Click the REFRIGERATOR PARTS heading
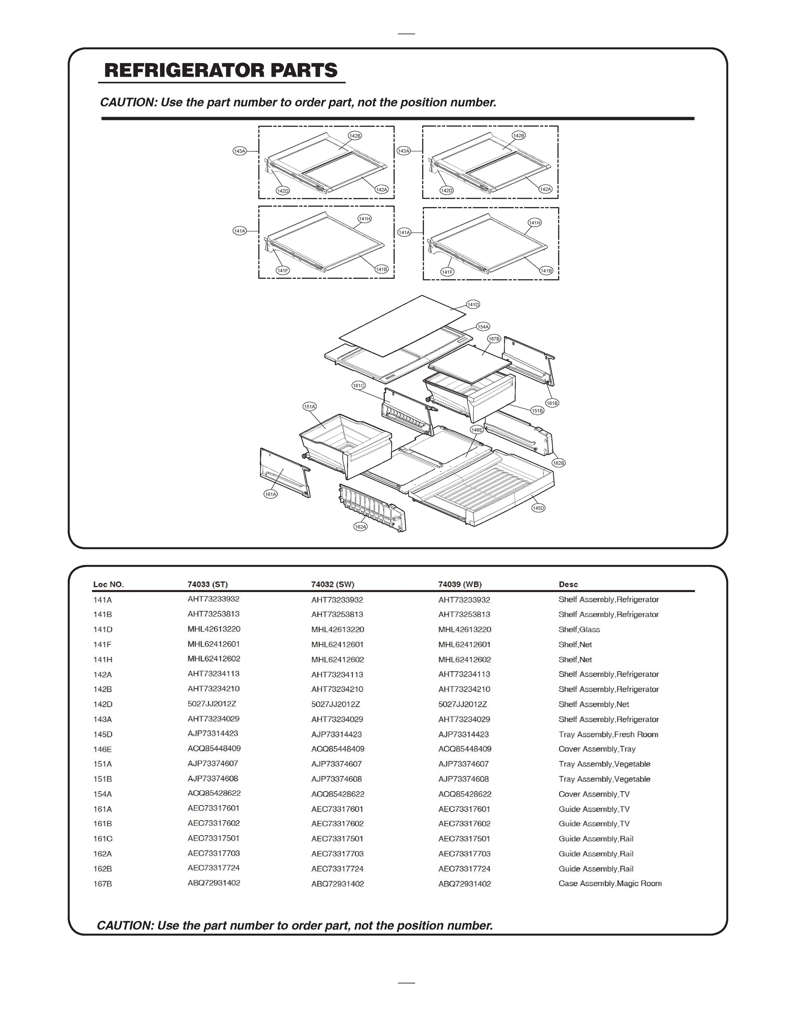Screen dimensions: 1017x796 pyautogui.click(x=221, y=70)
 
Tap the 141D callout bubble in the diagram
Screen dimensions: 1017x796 pyautogui.click(x=473, y=305)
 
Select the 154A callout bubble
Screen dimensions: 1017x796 pyautogui.click(x=483, y=326)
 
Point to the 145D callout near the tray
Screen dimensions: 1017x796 pyautogui.click(x=538, y=508)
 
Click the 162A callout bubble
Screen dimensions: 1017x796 pyautogui.click(x=360, y=526)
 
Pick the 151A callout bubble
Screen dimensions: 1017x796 pyautogui.click(x=310, y=407)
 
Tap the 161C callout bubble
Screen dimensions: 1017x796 pyautogui.click(x=358, y=386)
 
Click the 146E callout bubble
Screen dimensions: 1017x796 pyautogui.click(x=476, y=430)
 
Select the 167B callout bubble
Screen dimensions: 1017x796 pyautogui.click(x=494, y=339)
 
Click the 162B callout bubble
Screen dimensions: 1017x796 pyautogui.click(x=558, y=463)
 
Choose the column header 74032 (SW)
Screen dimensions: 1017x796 pyautogui.click(x=332, y=584)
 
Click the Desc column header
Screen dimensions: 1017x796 pyautogui.click(x=568, y=584)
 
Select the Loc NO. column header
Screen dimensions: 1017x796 pyautogui.click(x=108, y=584)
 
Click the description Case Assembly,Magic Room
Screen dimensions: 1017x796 pyautogui.click(x=610, y=883)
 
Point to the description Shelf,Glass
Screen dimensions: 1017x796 pyautogui.click(x=579, y=630)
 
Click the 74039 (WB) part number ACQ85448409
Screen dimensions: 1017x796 pyautogui.click(x=464, y=749)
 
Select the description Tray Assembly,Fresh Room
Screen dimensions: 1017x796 pyautogui.click(x=608, y=734)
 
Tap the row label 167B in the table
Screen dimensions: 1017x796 pyautogui.click(x=102, y=884)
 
